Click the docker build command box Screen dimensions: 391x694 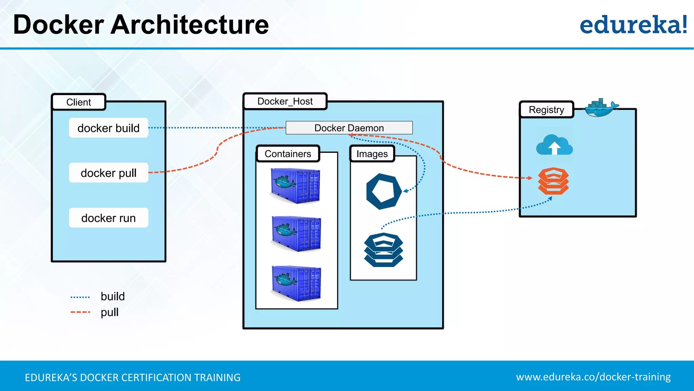coord(108,128)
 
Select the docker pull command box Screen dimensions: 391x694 coord(108,173)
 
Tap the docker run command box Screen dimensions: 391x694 coord(108,218)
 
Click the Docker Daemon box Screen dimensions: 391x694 coord(349,128)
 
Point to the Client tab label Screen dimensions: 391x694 coord(79,102)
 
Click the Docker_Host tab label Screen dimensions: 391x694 coord(285,101)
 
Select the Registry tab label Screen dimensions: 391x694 coord(546,110)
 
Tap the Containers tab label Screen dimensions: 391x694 coord(288,154)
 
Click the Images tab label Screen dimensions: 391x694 coord(372,154)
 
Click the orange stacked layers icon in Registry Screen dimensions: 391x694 coord(553,181)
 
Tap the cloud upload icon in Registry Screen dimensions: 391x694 coord(554,145)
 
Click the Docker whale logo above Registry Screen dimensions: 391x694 coord(600,108)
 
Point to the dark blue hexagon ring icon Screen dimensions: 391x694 coord(383,191)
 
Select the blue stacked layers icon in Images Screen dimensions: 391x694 coord(383,250)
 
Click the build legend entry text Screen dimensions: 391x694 coord(113,296)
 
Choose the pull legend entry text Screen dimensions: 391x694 coord(109,312)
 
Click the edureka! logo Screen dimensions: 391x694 coord(633,25)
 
